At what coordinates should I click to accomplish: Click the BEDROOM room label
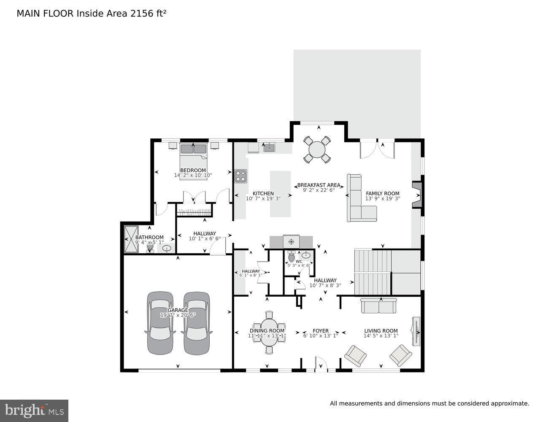tap(193, 170)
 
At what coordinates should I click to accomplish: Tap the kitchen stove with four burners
tap(241, 176)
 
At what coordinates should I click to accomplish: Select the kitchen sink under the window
tap(269, 147)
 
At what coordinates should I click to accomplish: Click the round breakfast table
tap(317, 149)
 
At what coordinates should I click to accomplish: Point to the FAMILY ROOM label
tap(382, 194)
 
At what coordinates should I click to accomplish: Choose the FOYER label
tap(320, 331)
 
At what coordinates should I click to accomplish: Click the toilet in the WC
tap(291, 257)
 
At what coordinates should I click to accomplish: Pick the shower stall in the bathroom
tap(130, 239)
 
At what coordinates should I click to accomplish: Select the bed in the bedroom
tap(194, 161)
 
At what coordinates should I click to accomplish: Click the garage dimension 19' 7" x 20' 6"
tap(178, 315)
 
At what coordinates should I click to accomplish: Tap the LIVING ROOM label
tap(381, 331)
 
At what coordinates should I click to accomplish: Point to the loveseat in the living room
tap(378, 306)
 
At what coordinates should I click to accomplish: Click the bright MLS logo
tap(34, 410)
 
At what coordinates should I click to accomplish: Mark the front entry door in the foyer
tap(321, 365)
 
